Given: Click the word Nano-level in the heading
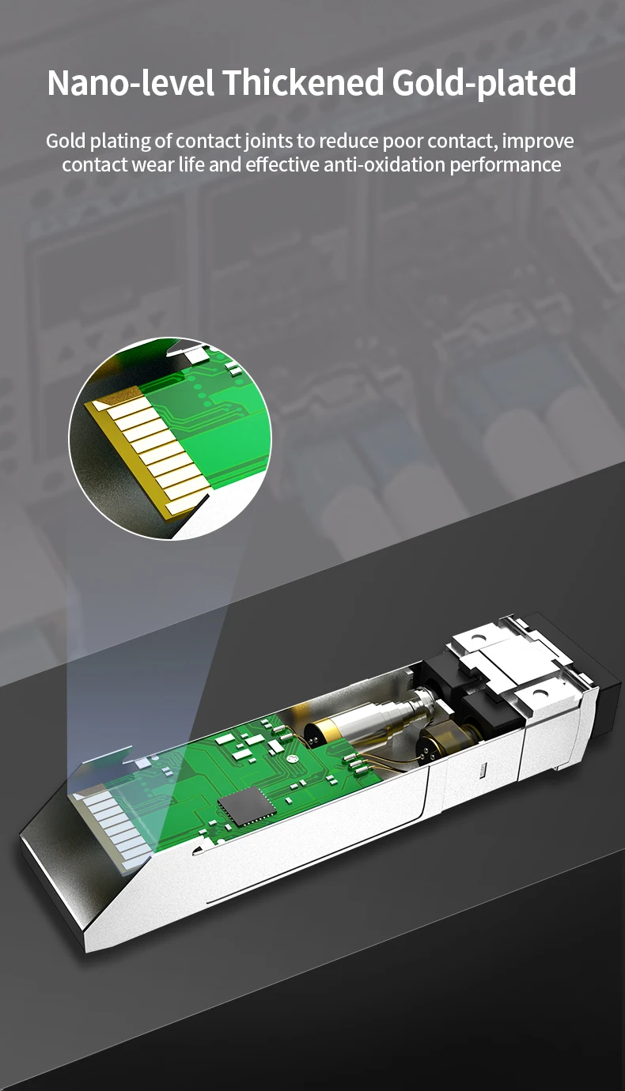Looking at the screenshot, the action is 131,82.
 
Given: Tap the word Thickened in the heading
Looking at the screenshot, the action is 303,82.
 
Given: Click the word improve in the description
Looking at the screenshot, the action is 538,142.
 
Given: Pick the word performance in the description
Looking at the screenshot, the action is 505,165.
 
